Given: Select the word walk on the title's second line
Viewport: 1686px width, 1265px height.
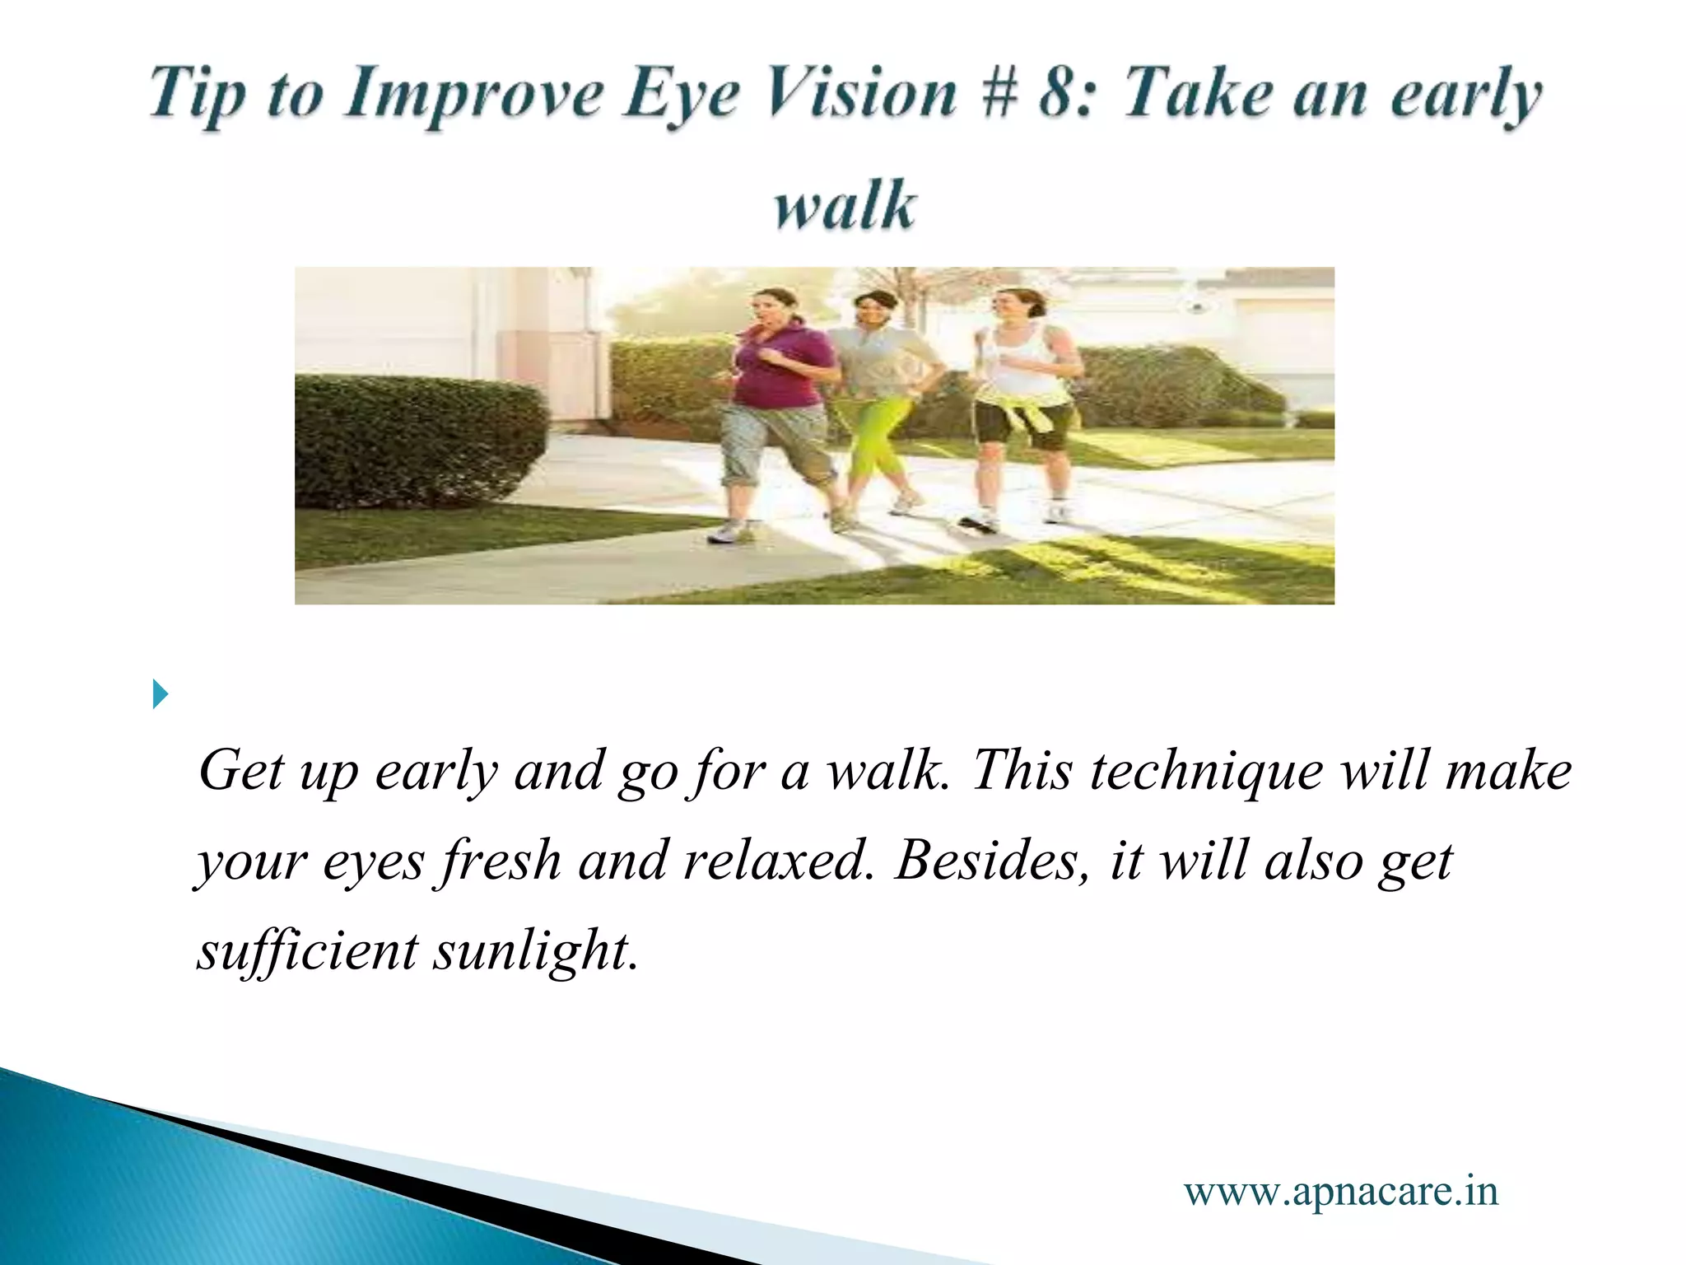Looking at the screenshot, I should click(x=845, y=205).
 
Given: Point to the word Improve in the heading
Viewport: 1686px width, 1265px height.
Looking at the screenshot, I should click(x=475, y=94).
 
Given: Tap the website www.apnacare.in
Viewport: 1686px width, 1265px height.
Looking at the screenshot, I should click(x=1341, y=1191).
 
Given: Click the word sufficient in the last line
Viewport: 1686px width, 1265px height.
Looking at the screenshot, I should click(x=307, y=952).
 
